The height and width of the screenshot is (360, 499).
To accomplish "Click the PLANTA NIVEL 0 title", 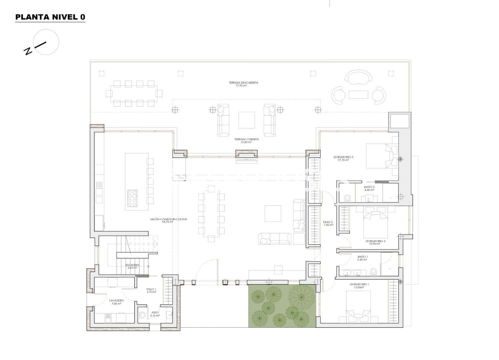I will pyautogui.click(x=50, y=17).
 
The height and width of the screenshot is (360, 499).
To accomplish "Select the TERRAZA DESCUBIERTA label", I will pyautogui.click(x=243, y=84).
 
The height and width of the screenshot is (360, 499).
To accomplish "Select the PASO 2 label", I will pyautogui.click(x=328, y=223).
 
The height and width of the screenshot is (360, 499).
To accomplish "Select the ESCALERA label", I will pyautogui.click(x=132, y=266).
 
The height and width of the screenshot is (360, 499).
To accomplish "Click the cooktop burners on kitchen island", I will pyautogui.click(x=132, y=199).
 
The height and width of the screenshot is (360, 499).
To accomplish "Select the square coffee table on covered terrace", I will pyautogui.click(x=246, y=120).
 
